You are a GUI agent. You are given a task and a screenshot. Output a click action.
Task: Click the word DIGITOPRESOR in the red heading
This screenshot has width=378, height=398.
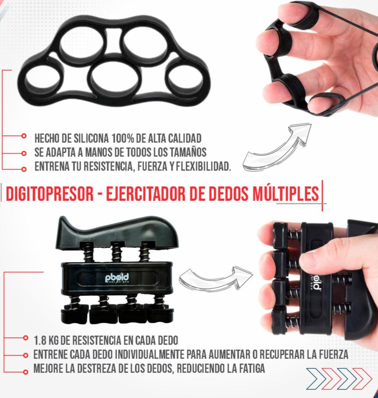50,194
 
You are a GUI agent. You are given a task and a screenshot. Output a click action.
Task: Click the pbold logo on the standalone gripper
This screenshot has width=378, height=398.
117,278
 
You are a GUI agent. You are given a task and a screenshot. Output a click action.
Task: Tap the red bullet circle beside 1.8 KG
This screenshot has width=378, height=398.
25,338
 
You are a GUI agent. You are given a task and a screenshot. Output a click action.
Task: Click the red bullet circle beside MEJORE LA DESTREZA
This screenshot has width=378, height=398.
25,372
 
